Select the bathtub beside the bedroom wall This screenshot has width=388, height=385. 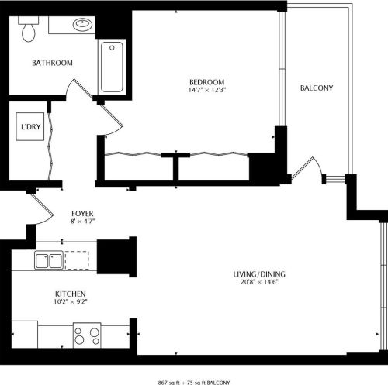[112, 66]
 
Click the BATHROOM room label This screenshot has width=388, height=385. [52, 64]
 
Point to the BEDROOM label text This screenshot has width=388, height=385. [207, 82]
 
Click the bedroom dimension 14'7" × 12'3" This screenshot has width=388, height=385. [207, 91]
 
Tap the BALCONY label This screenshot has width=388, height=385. [317, 88]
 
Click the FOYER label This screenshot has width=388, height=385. [82, 213]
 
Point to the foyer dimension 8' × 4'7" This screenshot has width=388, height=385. [82, 222]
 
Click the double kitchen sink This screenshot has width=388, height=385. [48, 260]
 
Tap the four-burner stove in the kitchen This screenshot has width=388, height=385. [86, 335]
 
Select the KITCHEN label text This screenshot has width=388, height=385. [70, 294]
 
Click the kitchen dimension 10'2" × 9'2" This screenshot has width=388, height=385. [70, 302]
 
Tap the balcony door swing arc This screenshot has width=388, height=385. [308, 168]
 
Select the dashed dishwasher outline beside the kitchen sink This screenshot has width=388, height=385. [77, 260]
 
